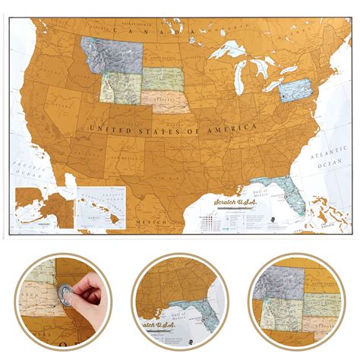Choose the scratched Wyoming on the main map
[x=120, y=85]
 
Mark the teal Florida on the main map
[x=288, y=191]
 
